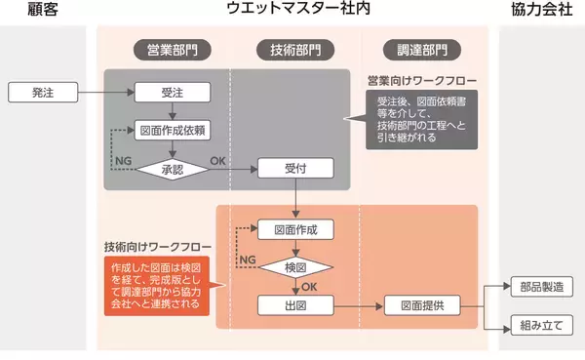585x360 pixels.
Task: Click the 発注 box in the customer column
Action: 44,93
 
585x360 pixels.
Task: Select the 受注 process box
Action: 171,93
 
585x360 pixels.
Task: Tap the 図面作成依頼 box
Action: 171,130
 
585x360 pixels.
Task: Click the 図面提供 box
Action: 421,305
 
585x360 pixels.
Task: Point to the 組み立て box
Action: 542,325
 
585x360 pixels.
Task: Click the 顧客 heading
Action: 43,12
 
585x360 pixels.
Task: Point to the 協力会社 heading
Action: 541,12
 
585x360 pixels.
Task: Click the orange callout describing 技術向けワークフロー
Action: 156,286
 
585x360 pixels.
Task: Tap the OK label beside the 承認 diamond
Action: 217,159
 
